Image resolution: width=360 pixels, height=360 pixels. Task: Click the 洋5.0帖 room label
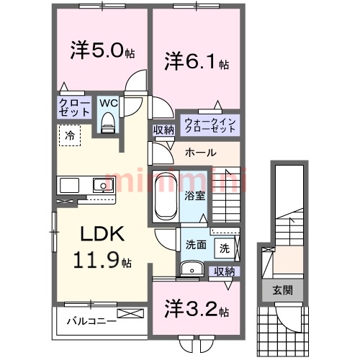click(x=102, y=50)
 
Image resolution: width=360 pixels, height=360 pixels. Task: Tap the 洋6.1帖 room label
click(x=197, y=62)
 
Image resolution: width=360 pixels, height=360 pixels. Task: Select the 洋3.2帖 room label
click(x=197, y=310)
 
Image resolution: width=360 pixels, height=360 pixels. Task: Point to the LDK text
click(x=102, y=234)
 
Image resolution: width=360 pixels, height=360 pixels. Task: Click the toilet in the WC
click(x=107, y=122)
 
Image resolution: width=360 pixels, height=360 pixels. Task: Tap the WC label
click(x=109, y=103)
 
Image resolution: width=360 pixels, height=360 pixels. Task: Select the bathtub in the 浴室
click(x=166, y=196)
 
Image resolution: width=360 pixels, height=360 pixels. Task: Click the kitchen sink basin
click(x=103, y=185)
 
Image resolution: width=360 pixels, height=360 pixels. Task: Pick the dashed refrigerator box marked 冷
click(x=70, y=135)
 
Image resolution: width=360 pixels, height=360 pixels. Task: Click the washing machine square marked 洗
click(x=224, y=248)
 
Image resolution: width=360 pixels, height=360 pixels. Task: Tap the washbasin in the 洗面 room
click(x=192, y=269)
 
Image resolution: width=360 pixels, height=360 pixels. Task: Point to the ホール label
click(x=201, y=153)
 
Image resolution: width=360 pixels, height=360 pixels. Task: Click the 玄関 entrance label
click(x=283, y=291)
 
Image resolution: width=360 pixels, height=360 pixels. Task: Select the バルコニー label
click(x=91, y=321)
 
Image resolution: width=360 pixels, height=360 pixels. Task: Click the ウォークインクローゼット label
click(x=210, y=125)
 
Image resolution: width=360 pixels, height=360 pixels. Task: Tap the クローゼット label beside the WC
click(x=74, y=108)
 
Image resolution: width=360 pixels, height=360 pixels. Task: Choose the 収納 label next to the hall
click(x=163, y=130)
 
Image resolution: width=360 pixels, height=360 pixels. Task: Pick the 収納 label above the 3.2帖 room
click(x=224, y=271)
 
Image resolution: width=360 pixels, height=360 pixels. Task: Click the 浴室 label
click(x=194, y=196)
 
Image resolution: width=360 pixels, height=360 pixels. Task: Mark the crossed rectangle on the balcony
click(x=130, y=313)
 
